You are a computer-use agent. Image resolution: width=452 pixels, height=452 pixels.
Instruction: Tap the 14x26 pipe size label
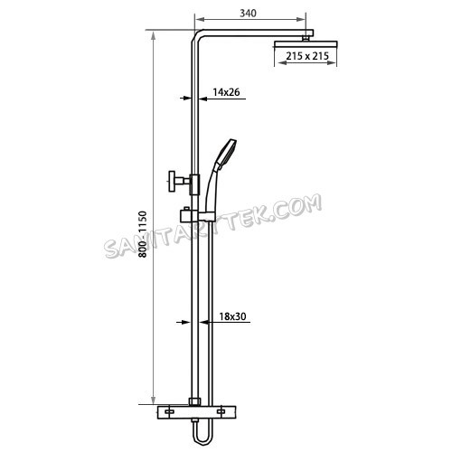click(x=226, y=91)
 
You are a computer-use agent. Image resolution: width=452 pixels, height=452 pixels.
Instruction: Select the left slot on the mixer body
click(x=168, y=413)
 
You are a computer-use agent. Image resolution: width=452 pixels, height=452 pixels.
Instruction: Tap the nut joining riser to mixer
click(x=194, y=400)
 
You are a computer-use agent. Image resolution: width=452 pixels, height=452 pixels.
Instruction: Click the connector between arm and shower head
click(x=309, y=34)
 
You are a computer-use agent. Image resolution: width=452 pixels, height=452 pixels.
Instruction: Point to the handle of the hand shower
click(x=214, y=185)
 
